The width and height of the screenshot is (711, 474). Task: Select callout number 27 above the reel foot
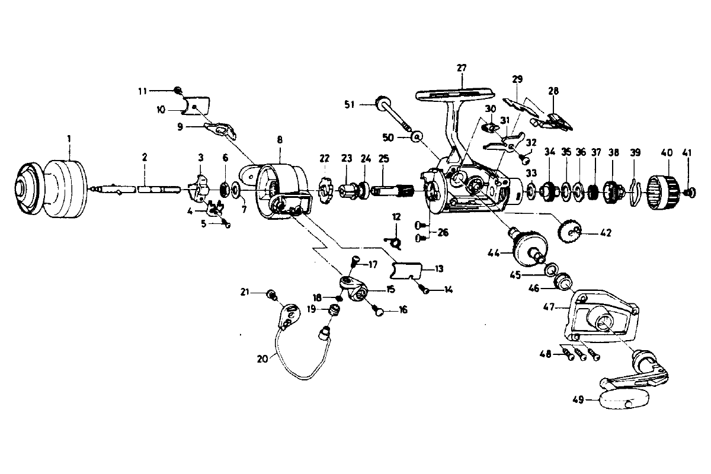tap(462, 68)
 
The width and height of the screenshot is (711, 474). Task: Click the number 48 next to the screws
tap(545, 354)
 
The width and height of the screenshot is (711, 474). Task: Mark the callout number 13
tap(439, 269)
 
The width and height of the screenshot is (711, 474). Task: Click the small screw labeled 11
tap(177, 89)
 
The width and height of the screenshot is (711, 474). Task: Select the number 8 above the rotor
tap(280, 140)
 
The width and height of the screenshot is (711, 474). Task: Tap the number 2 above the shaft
tap(144, 158)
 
